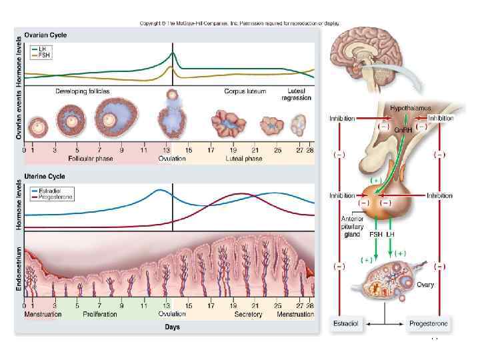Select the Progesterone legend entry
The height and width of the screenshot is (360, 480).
(55, 197)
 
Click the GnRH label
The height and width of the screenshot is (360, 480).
(402, 130)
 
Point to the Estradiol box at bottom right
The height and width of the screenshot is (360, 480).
(346, 323)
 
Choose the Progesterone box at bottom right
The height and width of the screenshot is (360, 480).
(429, 323)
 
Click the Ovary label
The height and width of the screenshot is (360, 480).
(425, 285)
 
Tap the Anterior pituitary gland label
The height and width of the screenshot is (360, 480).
(352, 227)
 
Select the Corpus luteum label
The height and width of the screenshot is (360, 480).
(243, 90)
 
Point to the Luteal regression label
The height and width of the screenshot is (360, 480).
(297, 93)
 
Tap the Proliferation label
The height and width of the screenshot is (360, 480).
(101, 314)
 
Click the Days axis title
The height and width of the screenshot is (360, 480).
(172, 327)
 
